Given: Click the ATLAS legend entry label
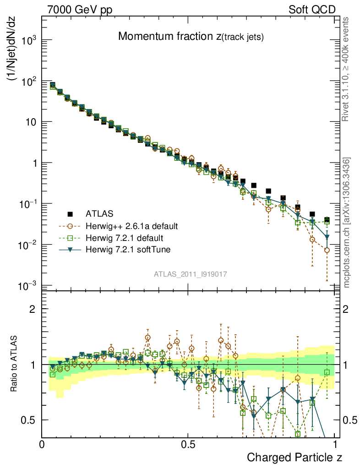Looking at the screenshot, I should pyautogui.click(x=99, y=214).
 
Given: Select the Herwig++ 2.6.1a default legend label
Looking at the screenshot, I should pyautogui.click(x=131, y=226).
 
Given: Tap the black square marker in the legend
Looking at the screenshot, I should pyautogui.click(x=71, y=214).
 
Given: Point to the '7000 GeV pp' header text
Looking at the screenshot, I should pyautogui.click(x=79, y=10).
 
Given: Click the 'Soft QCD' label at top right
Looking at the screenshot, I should pyautogui.click(x=312, y=10).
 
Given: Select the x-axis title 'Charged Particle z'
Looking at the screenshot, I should pyautogui.click(x=295, y=457).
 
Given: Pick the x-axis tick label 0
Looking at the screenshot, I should pyautogui.click(x=42, y=443).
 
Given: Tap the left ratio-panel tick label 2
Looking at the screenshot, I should pyautogui.click(x=33, y=309).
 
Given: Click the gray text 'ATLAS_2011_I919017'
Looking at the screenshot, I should pyautogui.click(x=190, y=274).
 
